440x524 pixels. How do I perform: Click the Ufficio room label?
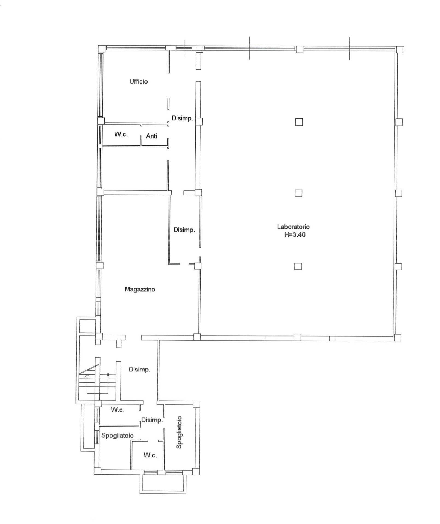tap(139, 81)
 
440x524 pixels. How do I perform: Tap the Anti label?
tap(151, 136)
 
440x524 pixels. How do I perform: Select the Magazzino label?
tap(140, 289)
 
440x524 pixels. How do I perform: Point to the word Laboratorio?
tap(293, 227)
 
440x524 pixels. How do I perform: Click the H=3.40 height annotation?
tap(295, 235)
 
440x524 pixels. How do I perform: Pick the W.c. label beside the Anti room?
tap(121, 134)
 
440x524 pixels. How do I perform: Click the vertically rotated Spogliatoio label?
tap(179, 432)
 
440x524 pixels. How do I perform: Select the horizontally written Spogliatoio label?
tap(118, 436)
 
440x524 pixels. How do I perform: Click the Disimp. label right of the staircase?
tap(139, 370)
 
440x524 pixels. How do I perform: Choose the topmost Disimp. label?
tap(182, 118)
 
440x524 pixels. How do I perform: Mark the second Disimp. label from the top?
tap(184, 230)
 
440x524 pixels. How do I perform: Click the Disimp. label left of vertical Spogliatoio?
tap(152, 420)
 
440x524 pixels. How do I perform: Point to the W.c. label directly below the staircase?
tap(118, 410)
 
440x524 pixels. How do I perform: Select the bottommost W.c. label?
tap(150, 455)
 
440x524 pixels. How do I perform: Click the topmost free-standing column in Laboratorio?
tap(299, 122)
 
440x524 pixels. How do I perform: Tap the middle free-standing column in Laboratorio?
tap(298, 193)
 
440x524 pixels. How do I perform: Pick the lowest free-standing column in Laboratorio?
tap(298, 266)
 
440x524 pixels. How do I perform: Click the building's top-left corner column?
tap(102, 49)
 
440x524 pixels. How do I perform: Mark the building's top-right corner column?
tap(399, 49)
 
